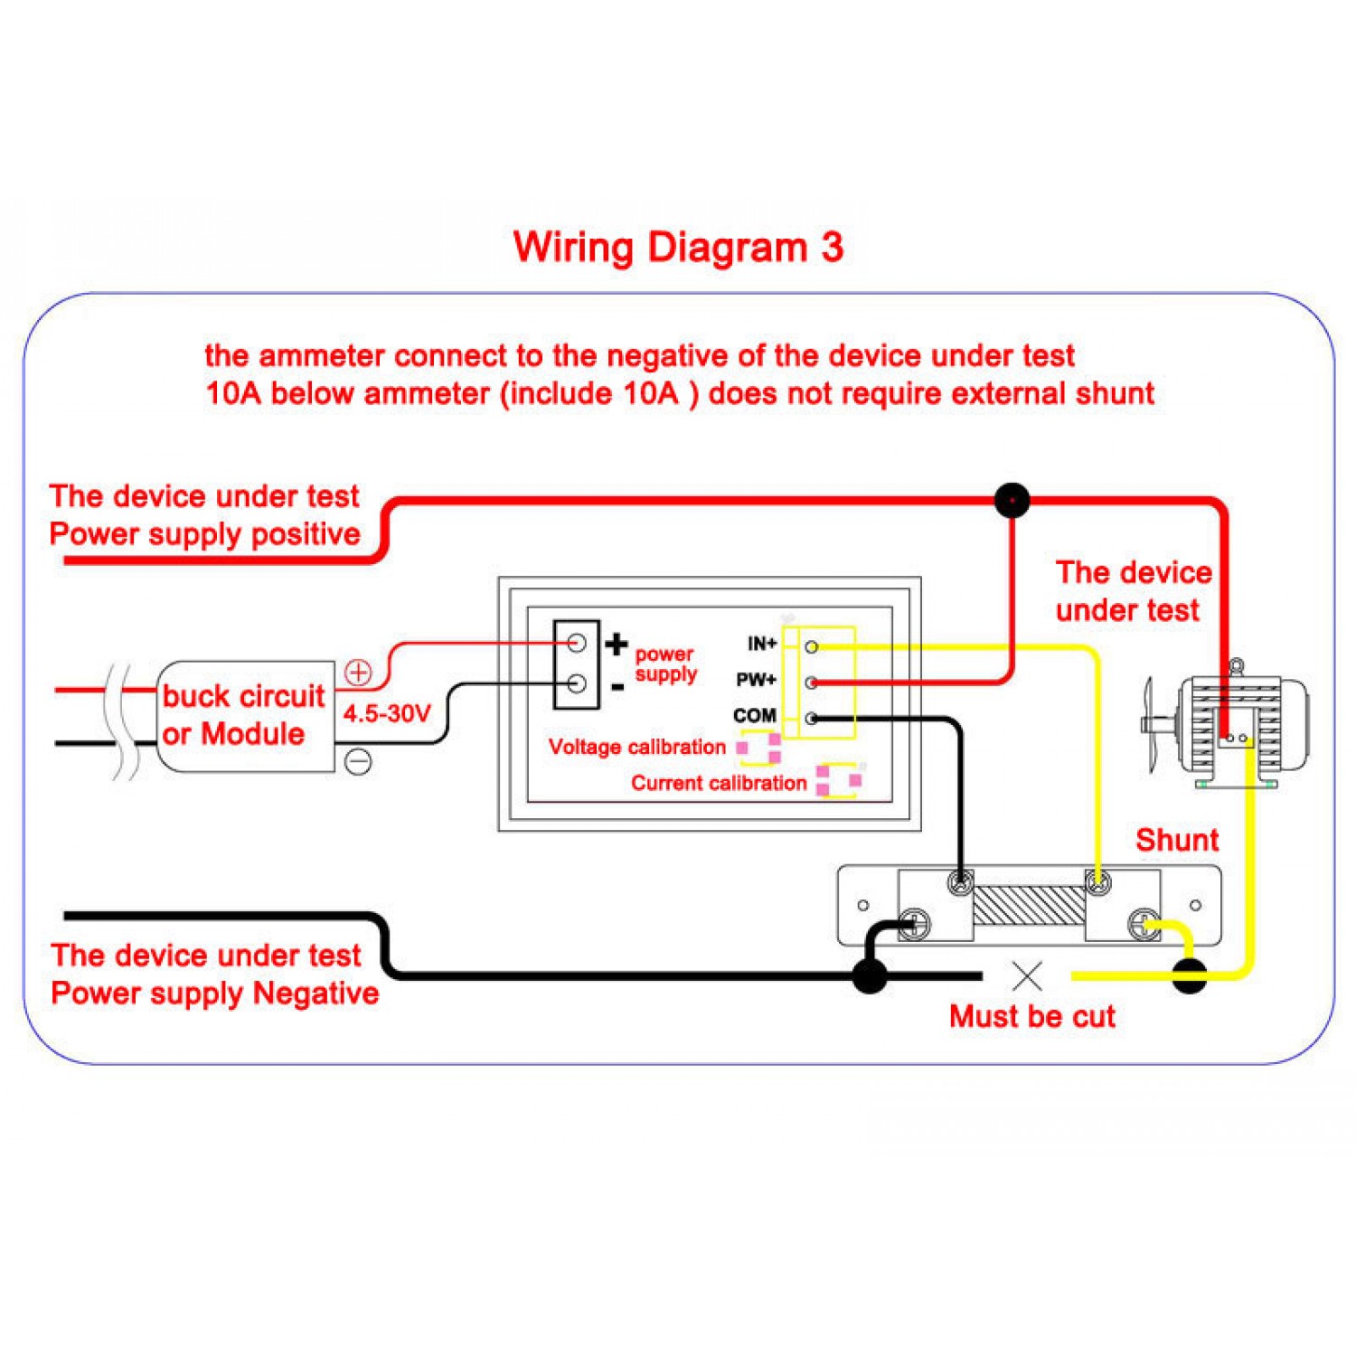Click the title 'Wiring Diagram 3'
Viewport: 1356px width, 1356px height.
tap(678, 247)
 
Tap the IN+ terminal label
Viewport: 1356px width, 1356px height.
tap(761, 644)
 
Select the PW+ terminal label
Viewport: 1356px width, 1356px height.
tap(756, 680)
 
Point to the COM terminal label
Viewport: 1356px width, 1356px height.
tap(754, 716)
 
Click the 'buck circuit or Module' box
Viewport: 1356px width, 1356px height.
tap(244, 715)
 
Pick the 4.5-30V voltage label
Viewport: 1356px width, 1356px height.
tap(387, 714)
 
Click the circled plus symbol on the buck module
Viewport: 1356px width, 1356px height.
tap(359, 673)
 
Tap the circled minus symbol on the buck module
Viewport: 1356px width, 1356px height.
tap(359, 761)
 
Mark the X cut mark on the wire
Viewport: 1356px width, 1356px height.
tap(1027, 976)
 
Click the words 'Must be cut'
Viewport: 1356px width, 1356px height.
tap(1031, 1017)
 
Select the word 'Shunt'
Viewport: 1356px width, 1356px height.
tap(1177, 840)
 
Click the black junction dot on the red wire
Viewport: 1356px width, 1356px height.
tap(1012, 500)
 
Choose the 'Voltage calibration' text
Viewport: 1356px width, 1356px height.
tap(636, 748)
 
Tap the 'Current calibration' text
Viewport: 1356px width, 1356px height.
tap(718, 783)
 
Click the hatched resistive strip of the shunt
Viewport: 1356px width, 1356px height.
tap(1029, 905)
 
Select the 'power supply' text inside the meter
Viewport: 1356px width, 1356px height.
tap(665, 664)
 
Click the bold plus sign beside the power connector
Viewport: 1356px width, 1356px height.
tap(617, 644)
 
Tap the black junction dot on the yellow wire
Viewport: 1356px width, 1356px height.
tap(1190, 976)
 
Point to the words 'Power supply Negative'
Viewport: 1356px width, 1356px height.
tap(214, 993)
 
